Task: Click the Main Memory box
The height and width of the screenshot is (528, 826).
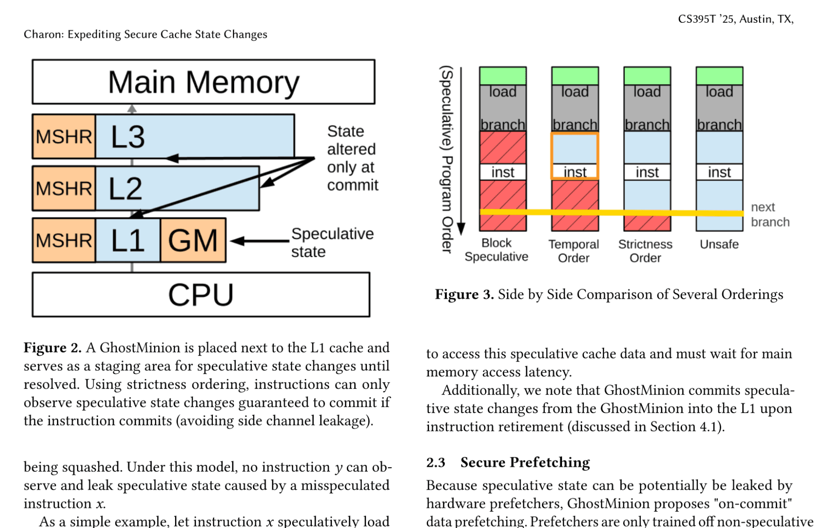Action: pos(203,82)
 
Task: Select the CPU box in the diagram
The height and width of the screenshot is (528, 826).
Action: pos(201,295)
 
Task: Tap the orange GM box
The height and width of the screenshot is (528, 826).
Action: pos(193,240)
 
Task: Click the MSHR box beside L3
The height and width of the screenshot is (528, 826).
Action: pos(64,136)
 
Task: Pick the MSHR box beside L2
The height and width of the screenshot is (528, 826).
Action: pos(64,188)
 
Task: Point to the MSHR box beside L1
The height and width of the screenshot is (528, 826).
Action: pos(64,240)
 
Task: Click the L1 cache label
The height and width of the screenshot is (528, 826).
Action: pos(128,240)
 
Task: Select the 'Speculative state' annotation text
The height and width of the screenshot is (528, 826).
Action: pos(332,243)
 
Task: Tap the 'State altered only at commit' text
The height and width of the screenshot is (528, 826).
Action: pos(352,158)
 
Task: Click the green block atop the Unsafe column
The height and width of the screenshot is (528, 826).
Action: pos(719,76)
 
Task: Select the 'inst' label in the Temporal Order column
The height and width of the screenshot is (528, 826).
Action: pos(575,172)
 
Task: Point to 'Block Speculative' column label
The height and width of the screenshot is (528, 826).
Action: pos(496,250)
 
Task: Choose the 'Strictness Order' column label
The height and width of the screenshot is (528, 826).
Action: pos(645,251)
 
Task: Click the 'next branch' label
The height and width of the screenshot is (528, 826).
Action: pos(770,214)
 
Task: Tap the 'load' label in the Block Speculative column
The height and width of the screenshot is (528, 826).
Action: pos(503,92)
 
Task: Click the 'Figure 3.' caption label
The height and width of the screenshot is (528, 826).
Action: pos(464,295)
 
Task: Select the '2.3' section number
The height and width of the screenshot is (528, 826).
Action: pos(435,462)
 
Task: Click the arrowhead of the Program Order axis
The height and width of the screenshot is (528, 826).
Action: pos(461,229)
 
